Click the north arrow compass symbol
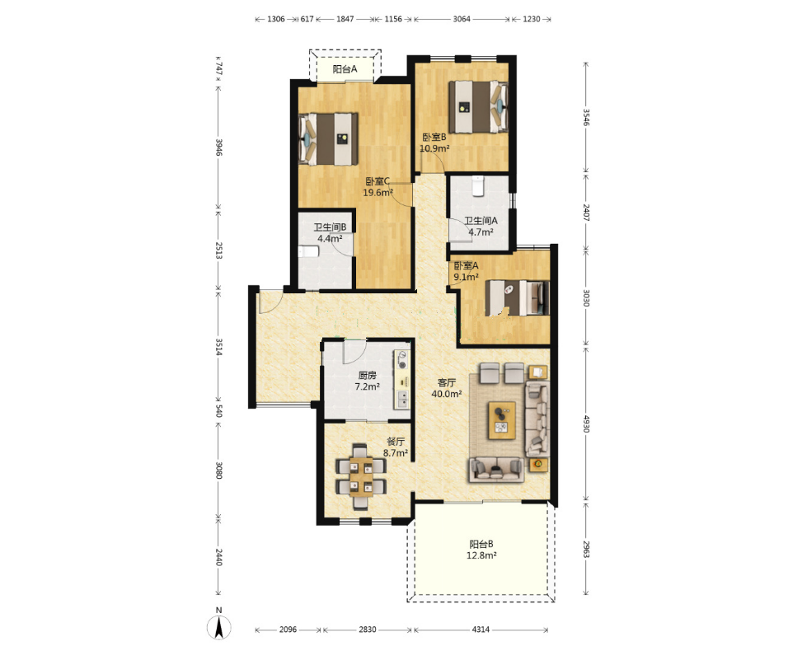click(x=219, y=626)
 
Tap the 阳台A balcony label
click(x=345, y=69)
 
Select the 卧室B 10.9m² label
click(x=434, y=143)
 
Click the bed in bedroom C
click(x=328, y=139)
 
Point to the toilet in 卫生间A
click(x=478, y=185)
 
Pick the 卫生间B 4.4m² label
click(x=330, y=233)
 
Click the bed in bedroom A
click(x=517, y=298)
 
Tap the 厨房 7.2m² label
click(x=368, y=381)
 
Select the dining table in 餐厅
click(x=361, y=477)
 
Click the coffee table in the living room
click(x=502, y=420)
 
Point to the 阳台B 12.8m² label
click(x=481, y=550)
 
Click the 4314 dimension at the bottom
click(x=481, y=630)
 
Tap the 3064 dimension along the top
click(x=462, y=19)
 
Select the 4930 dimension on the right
click(x=586, y=423)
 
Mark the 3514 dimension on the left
click(x=218, y=347)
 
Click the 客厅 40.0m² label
click(x=446, y=388)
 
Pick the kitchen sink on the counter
click(x=403, y=399)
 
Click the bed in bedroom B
click(x=478, y=107)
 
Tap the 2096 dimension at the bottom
click(x=288, y=630)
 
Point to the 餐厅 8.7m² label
click(x=396, y=447)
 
